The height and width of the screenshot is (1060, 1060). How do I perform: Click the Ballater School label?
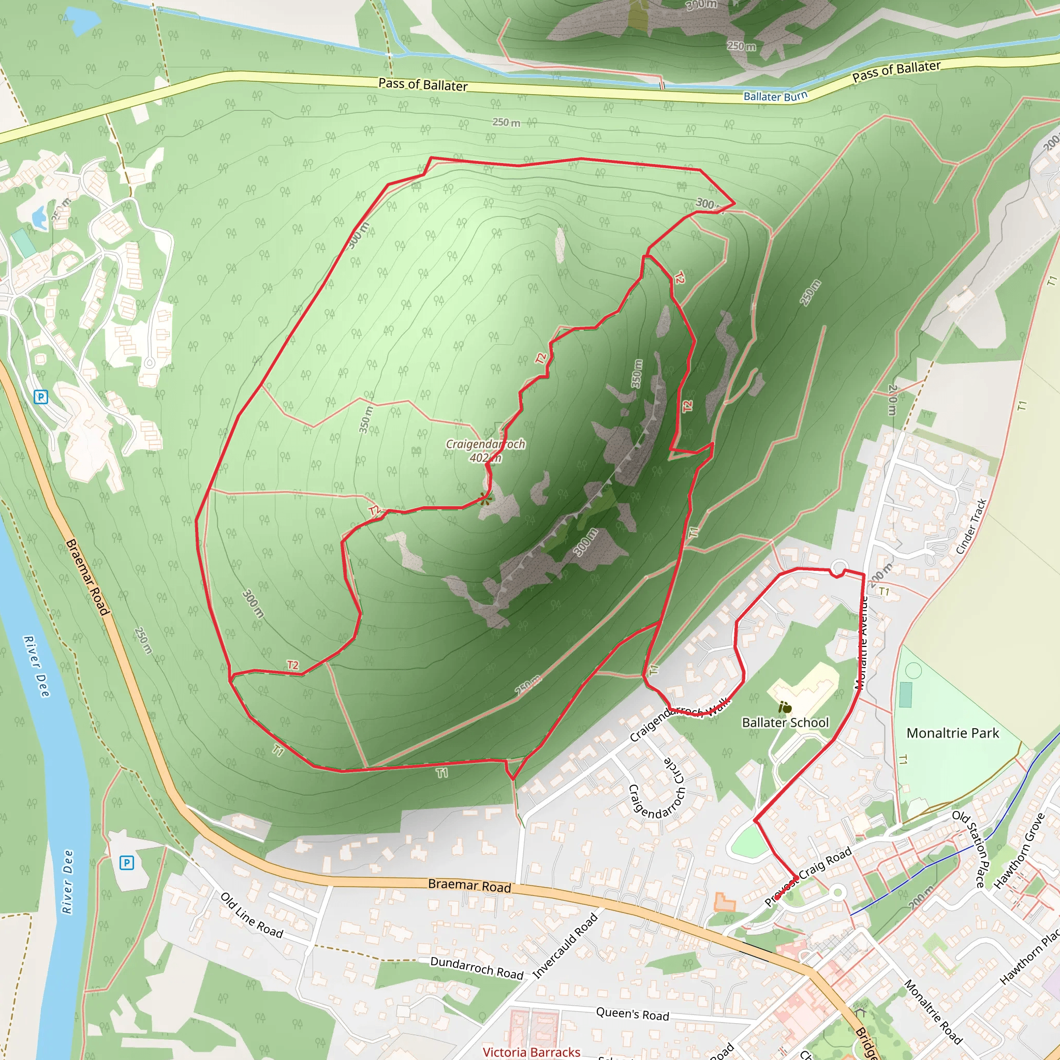[785, 723]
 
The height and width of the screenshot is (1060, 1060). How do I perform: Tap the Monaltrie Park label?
[952, 733]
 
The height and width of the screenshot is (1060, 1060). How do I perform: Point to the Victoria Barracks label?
[531, 1051]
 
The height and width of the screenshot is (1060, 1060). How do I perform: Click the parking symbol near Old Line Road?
[127, 863]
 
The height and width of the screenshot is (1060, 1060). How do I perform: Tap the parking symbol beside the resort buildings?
[40, 396]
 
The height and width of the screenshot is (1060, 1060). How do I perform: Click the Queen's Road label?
[632, 1014]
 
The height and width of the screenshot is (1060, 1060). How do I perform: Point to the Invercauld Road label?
[565, 946]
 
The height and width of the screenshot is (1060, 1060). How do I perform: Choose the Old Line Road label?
[252, 915]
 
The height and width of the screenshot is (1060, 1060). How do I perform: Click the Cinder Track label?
[971, 527]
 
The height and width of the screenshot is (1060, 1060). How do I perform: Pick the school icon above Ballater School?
[786, 708]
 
